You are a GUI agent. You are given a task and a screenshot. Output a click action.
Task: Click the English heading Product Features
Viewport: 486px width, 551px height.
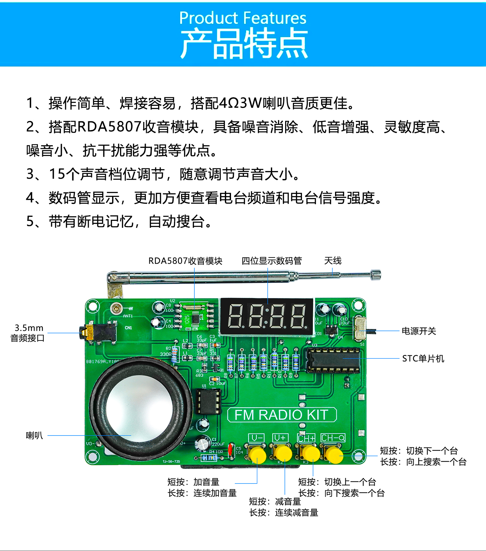click(x=243, y=18)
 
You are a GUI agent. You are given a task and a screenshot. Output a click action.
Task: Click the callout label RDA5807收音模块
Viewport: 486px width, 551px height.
click(x=185, y=261)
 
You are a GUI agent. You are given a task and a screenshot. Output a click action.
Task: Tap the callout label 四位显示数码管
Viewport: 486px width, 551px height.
click(x=272, y=261)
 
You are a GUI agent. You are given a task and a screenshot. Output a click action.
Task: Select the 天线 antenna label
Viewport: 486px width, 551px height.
click(x=333, y=261)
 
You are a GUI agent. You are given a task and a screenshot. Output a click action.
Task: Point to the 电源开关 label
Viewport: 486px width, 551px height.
click(x=419, y=331)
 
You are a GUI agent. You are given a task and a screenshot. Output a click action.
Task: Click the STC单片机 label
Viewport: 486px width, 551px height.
click(x=423, y=359)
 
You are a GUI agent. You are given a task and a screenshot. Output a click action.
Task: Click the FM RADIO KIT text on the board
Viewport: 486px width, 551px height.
click(x=282, y=415)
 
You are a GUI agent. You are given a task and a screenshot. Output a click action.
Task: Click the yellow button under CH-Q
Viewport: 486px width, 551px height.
click(x=334, y=455)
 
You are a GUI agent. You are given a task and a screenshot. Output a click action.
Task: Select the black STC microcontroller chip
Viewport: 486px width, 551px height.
click(x=333, y=360)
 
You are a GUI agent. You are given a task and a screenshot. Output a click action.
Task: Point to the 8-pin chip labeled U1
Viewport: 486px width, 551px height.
click(x=209, y=401)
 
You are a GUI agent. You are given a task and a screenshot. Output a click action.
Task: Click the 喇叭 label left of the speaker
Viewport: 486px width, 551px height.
click(x=34, y=435)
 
